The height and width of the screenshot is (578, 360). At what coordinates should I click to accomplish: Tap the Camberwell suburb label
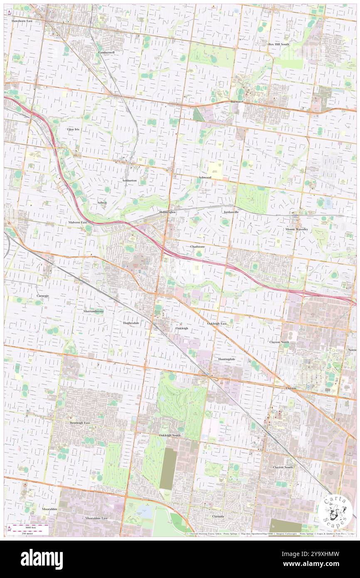[x=106, y=53]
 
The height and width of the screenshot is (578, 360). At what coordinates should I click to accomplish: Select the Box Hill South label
[x=279, y=44]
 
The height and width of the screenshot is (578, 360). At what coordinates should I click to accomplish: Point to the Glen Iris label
[x=73, y=129]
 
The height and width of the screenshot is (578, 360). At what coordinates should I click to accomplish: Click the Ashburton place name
[x=129, y=180]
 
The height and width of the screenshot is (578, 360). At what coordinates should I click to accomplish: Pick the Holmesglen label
[x=168, y=212]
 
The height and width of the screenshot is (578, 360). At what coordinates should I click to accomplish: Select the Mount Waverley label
[x=296, y=229]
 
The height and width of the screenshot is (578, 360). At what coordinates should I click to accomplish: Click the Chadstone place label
[x=197, y=247]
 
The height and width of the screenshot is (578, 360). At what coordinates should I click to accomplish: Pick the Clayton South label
[x=283, y=467]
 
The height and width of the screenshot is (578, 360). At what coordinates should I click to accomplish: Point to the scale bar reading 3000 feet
[x=28, y=526]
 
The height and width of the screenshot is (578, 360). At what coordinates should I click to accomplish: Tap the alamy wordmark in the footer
[x=42, y=559]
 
